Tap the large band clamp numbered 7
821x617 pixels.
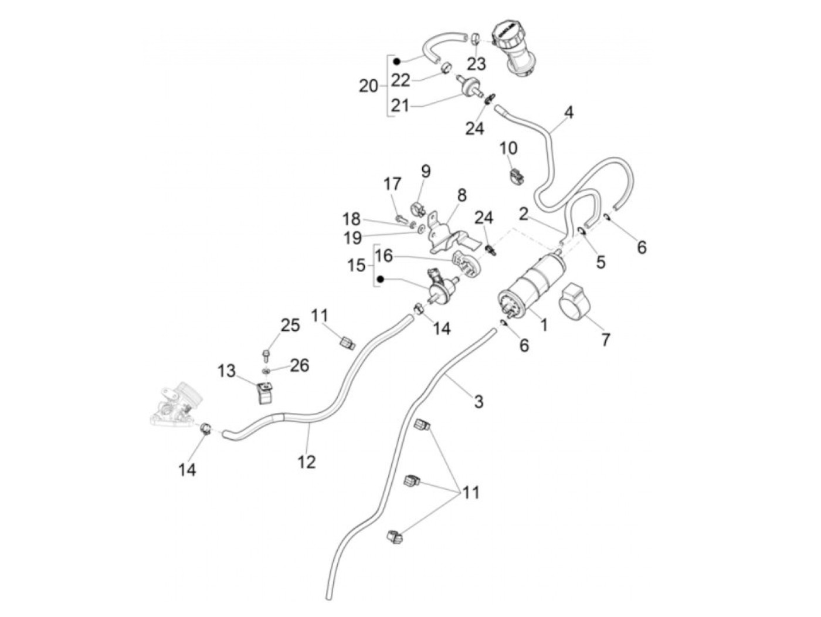(574, 305)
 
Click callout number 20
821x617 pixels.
(368, 86)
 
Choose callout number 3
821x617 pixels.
(479, 402)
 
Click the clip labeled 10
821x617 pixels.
(517, 177)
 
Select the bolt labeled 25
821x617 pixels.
(266, 355)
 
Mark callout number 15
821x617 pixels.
(356, 266)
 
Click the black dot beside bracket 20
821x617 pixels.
(396, 61)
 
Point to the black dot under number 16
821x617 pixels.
(381, 279)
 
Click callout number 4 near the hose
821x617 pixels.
(568, 112)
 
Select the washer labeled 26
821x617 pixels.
(266, 371)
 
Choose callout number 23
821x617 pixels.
(476, 63)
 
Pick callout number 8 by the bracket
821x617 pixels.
(462, 195)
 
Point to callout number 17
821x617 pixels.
(392, 184)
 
